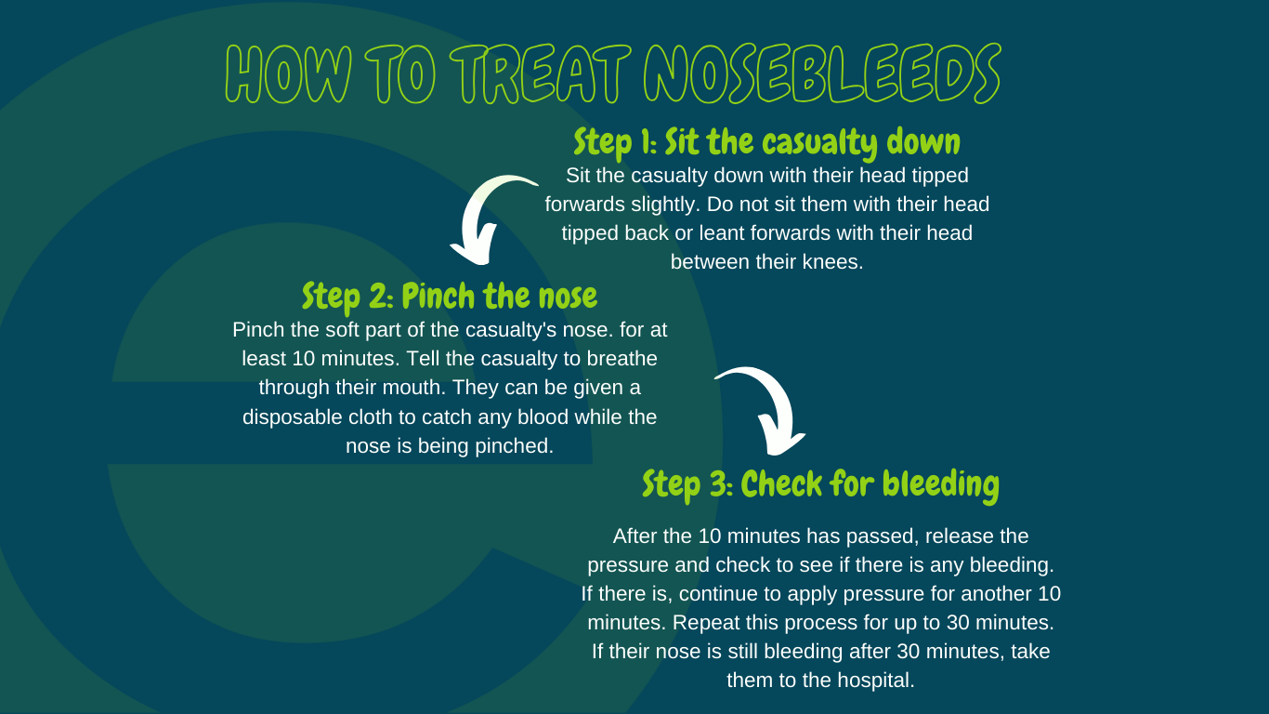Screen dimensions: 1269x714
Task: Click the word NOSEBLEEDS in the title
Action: tap(822, 73)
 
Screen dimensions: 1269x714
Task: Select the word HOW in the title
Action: tap(289, 74)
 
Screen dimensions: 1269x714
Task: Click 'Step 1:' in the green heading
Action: tap(615, 142)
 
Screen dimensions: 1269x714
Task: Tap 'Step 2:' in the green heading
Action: tap(347, 297)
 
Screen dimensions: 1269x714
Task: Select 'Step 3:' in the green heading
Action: tap(687, 484)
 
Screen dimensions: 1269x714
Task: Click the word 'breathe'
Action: tap(622, 359)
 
